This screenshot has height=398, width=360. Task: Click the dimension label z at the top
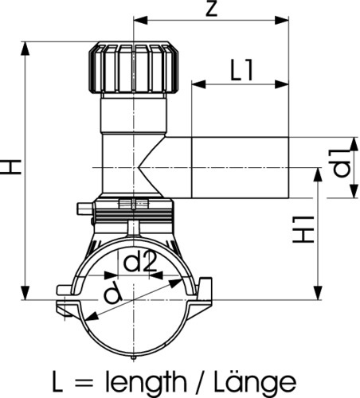click(x=212, y=10)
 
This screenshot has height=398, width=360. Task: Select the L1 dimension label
click(x=241, y=70)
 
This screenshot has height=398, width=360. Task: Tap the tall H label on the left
click(x=11, y=167)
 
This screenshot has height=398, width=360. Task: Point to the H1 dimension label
click(x=303, y=229)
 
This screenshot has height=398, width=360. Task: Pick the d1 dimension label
click(x=342, y=163)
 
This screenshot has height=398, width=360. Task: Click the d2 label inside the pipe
click(x=140, y=262)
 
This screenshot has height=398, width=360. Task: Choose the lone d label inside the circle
click(x=112, y=293)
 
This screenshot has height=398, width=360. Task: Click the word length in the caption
click(x=146, y=382)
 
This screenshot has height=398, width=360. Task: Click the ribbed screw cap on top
click(x=134, y=68)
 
